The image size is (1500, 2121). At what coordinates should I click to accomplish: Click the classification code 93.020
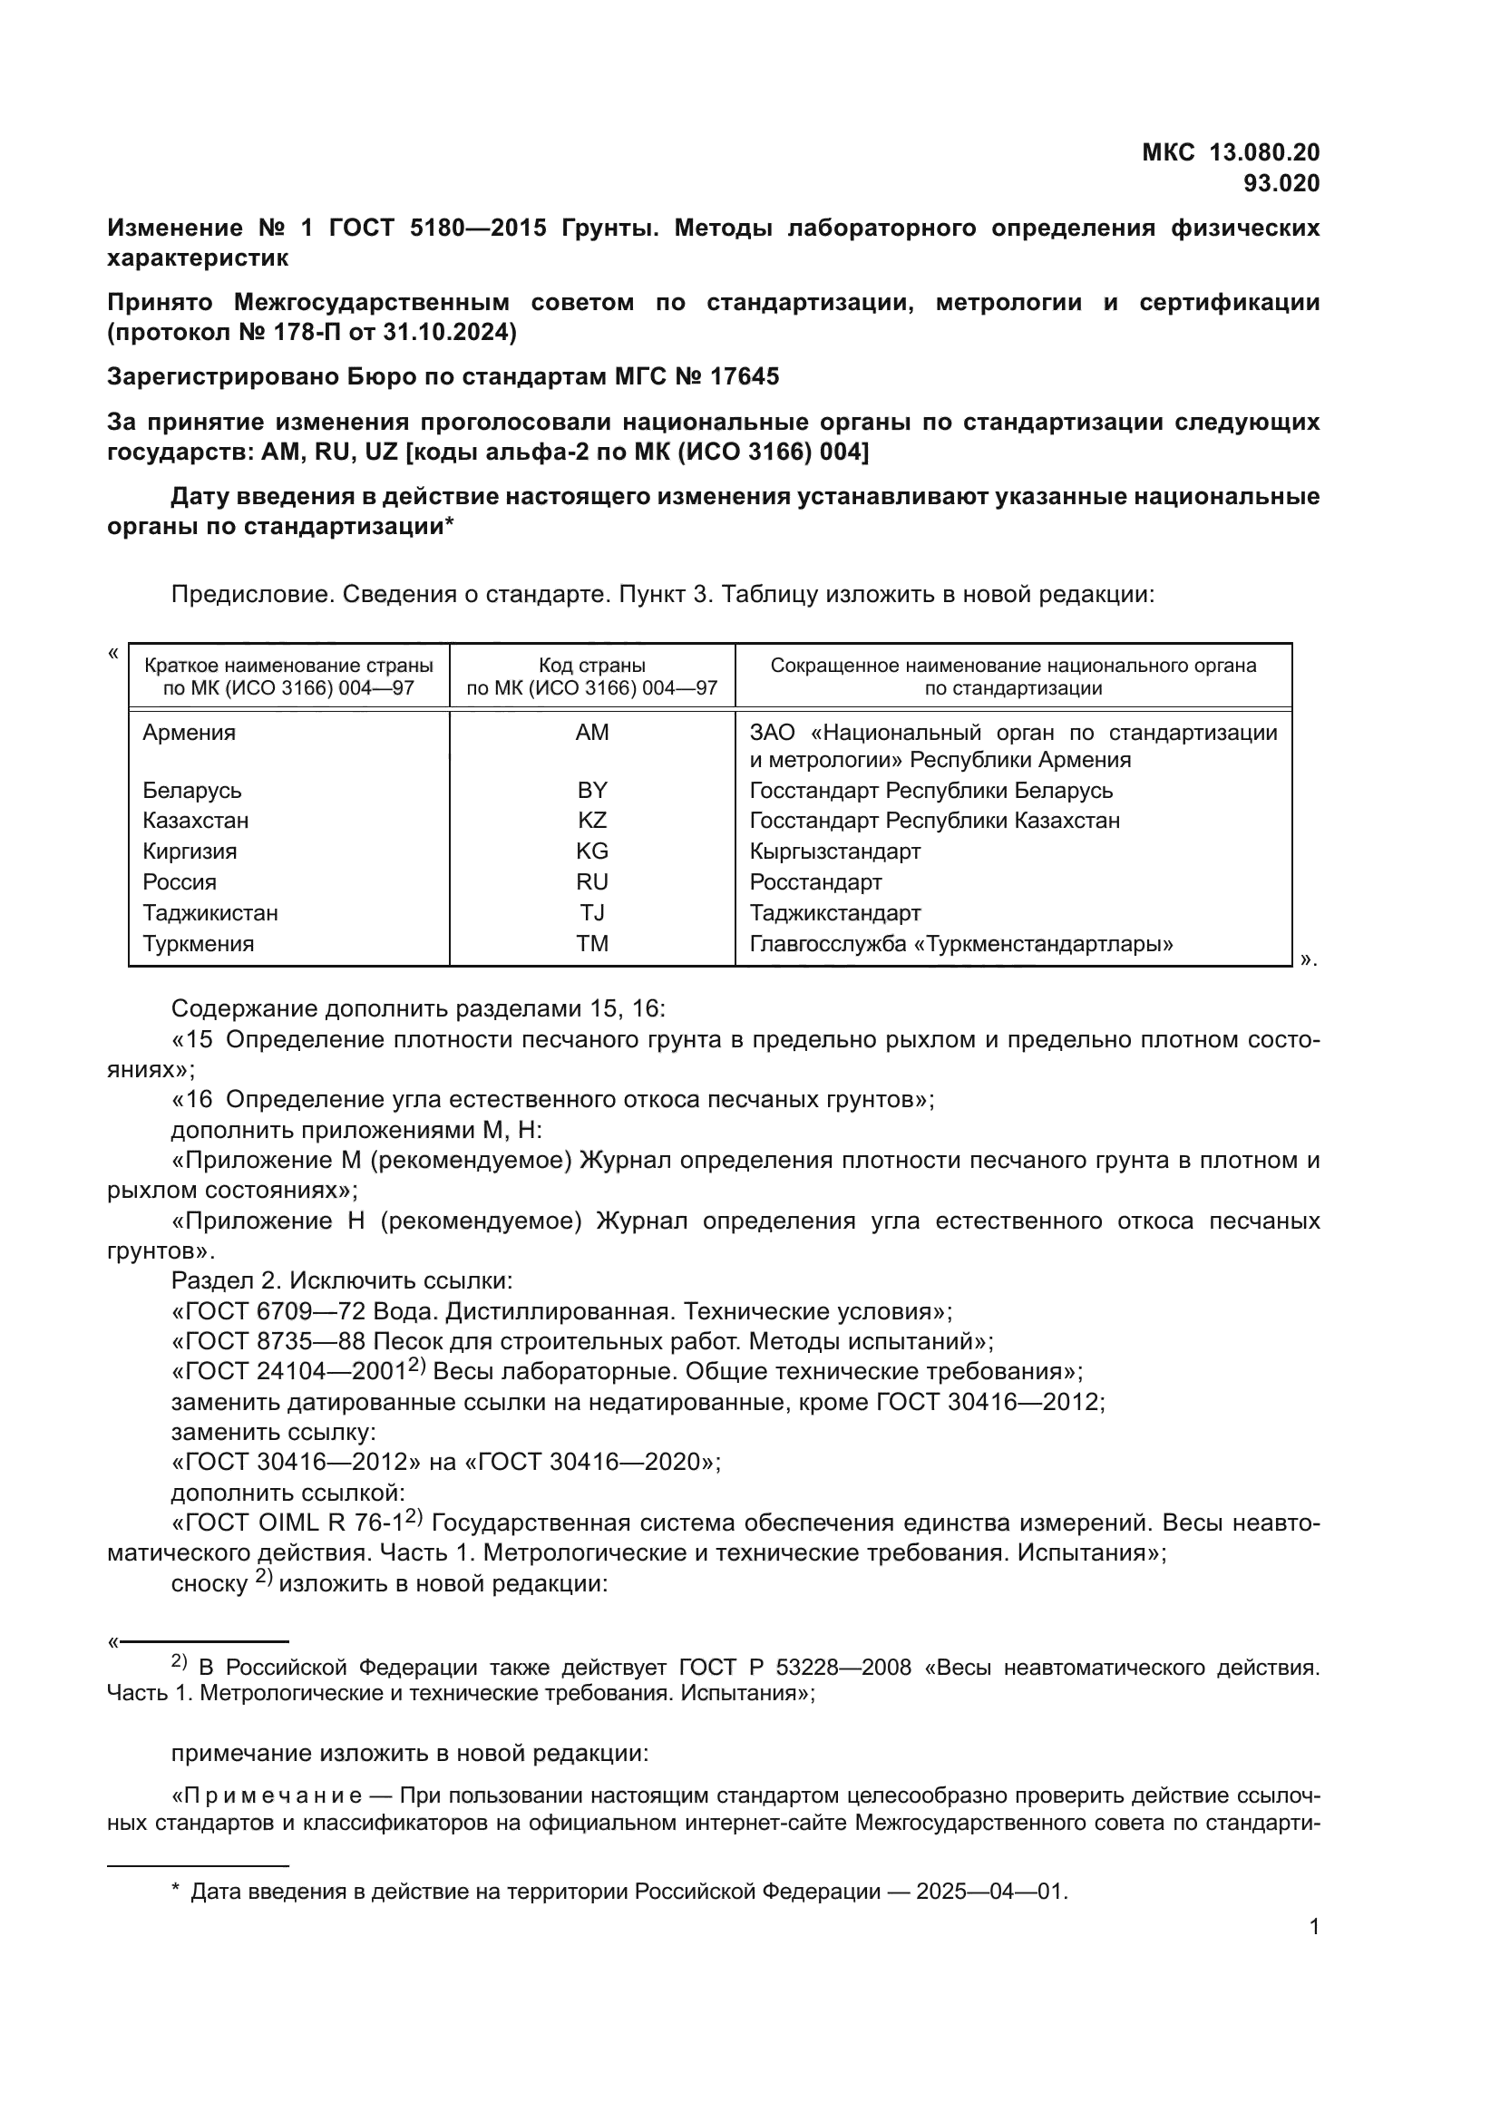point(1281,184)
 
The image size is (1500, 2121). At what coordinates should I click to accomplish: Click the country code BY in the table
point(592,791)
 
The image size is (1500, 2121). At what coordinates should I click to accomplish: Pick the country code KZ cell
point(592,821)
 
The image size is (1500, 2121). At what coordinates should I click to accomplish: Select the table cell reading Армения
point(190,733)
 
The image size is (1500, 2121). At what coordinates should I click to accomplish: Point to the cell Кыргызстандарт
point(835,851)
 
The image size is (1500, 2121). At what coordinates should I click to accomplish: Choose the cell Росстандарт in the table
point(815,882)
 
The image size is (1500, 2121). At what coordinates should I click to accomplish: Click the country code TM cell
point(592,944)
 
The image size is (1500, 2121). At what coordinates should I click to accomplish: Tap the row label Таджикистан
point(210,913)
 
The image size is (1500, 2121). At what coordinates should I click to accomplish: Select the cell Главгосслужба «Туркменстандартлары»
point(961,944)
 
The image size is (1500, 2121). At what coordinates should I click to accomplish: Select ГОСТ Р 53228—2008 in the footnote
point(794,1668)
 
